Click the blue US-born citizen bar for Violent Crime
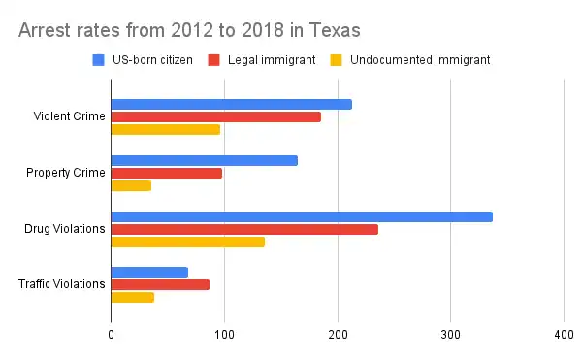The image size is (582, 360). (x=231, y=104)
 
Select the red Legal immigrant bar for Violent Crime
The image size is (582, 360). (x=215, y=116)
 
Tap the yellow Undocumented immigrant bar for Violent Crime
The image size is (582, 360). (x=165, y=129)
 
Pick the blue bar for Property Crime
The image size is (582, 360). (x=204, y=160)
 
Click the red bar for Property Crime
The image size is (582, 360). (x=166, y=173)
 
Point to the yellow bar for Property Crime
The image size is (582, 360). (x=131, y=185)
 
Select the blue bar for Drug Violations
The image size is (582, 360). (x=302, y=216)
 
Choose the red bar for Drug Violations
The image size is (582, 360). (x=244, y=229)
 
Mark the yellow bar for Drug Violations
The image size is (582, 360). (x=187, y=242)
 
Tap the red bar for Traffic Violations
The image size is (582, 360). (x=160, y=285)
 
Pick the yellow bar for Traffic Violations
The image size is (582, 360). (x=132, y=298)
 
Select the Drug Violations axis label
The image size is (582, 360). (x=64, y=229)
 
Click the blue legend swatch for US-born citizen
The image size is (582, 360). (x=98, y=59)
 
